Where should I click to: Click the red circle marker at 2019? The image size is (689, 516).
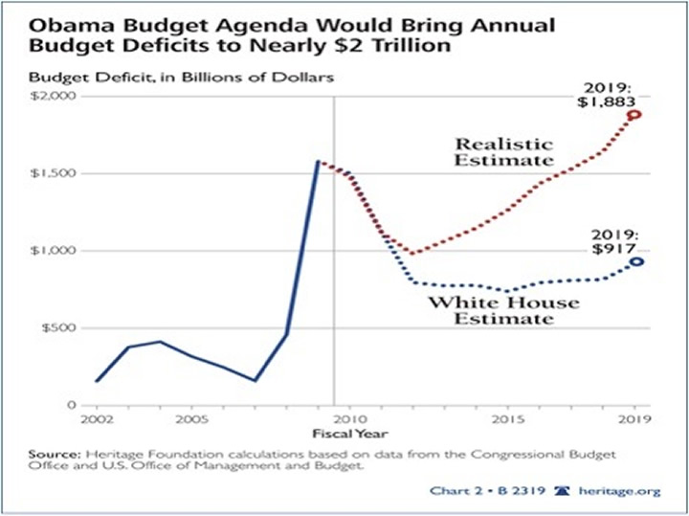(x=633, y=115)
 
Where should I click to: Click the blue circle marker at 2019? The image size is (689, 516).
(x=633, y=261)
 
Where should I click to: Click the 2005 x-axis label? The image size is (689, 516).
(x=191, y=419)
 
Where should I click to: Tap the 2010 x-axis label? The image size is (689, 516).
(x=347, y=419)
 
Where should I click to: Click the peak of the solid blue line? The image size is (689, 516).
(x=317, y=162)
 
